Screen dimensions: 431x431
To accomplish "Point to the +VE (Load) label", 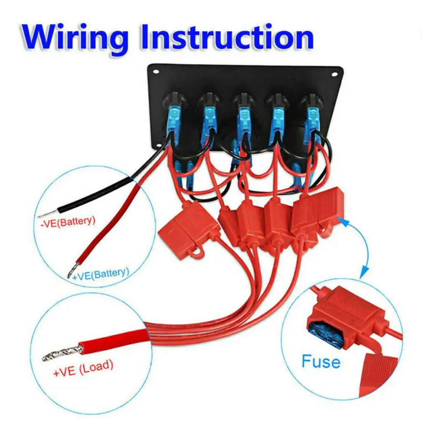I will tap(83, 366).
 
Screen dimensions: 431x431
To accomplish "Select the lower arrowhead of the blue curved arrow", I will tap(364, 272).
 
